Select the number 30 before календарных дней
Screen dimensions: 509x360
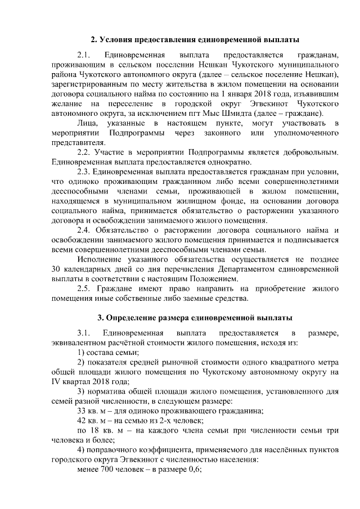55,269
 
